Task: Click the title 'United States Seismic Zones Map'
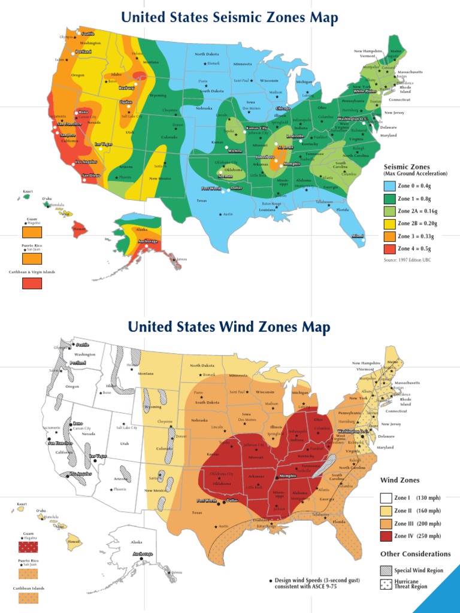[x=229, y=17]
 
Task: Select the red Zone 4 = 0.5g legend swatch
[x=391, y=248]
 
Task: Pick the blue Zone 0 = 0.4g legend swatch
[x=391, y=186]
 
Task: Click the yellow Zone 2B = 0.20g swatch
[x=391, y=223]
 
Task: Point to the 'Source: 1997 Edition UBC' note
[x=407, y=260]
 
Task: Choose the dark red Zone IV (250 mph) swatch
[x=386, y=536]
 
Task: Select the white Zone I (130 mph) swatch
[x=386, y=497]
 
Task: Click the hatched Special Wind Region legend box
[x=386, y=570]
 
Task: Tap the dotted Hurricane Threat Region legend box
[x=386, y=584]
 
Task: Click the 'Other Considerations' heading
[x=415, y=554]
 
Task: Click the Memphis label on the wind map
[x=287, y=476]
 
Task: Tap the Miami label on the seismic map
[x=358, y=236]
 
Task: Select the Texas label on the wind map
[x=197, y=513]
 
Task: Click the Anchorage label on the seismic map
[x=148, y=241]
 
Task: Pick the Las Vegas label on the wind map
[x=98, y=457]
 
